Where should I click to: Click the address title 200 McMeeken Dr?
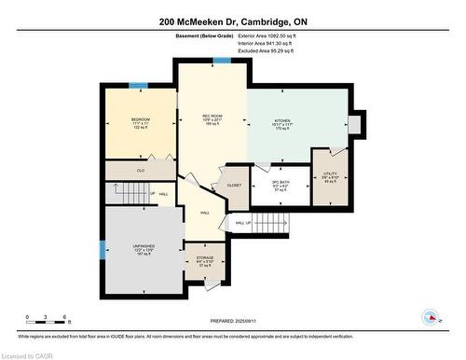click(232, 21)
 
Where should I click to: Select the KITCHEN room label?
click(282, 121)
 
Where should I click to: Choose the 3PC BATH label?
click(281, 185)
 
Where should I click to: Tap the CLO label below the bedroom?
click(142, 171)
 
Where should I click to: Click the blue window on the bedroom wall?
click(138, 86)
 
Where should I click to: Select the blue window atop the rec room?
click(222, 61)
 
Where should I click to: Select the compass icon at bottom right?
click(431, 317)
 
